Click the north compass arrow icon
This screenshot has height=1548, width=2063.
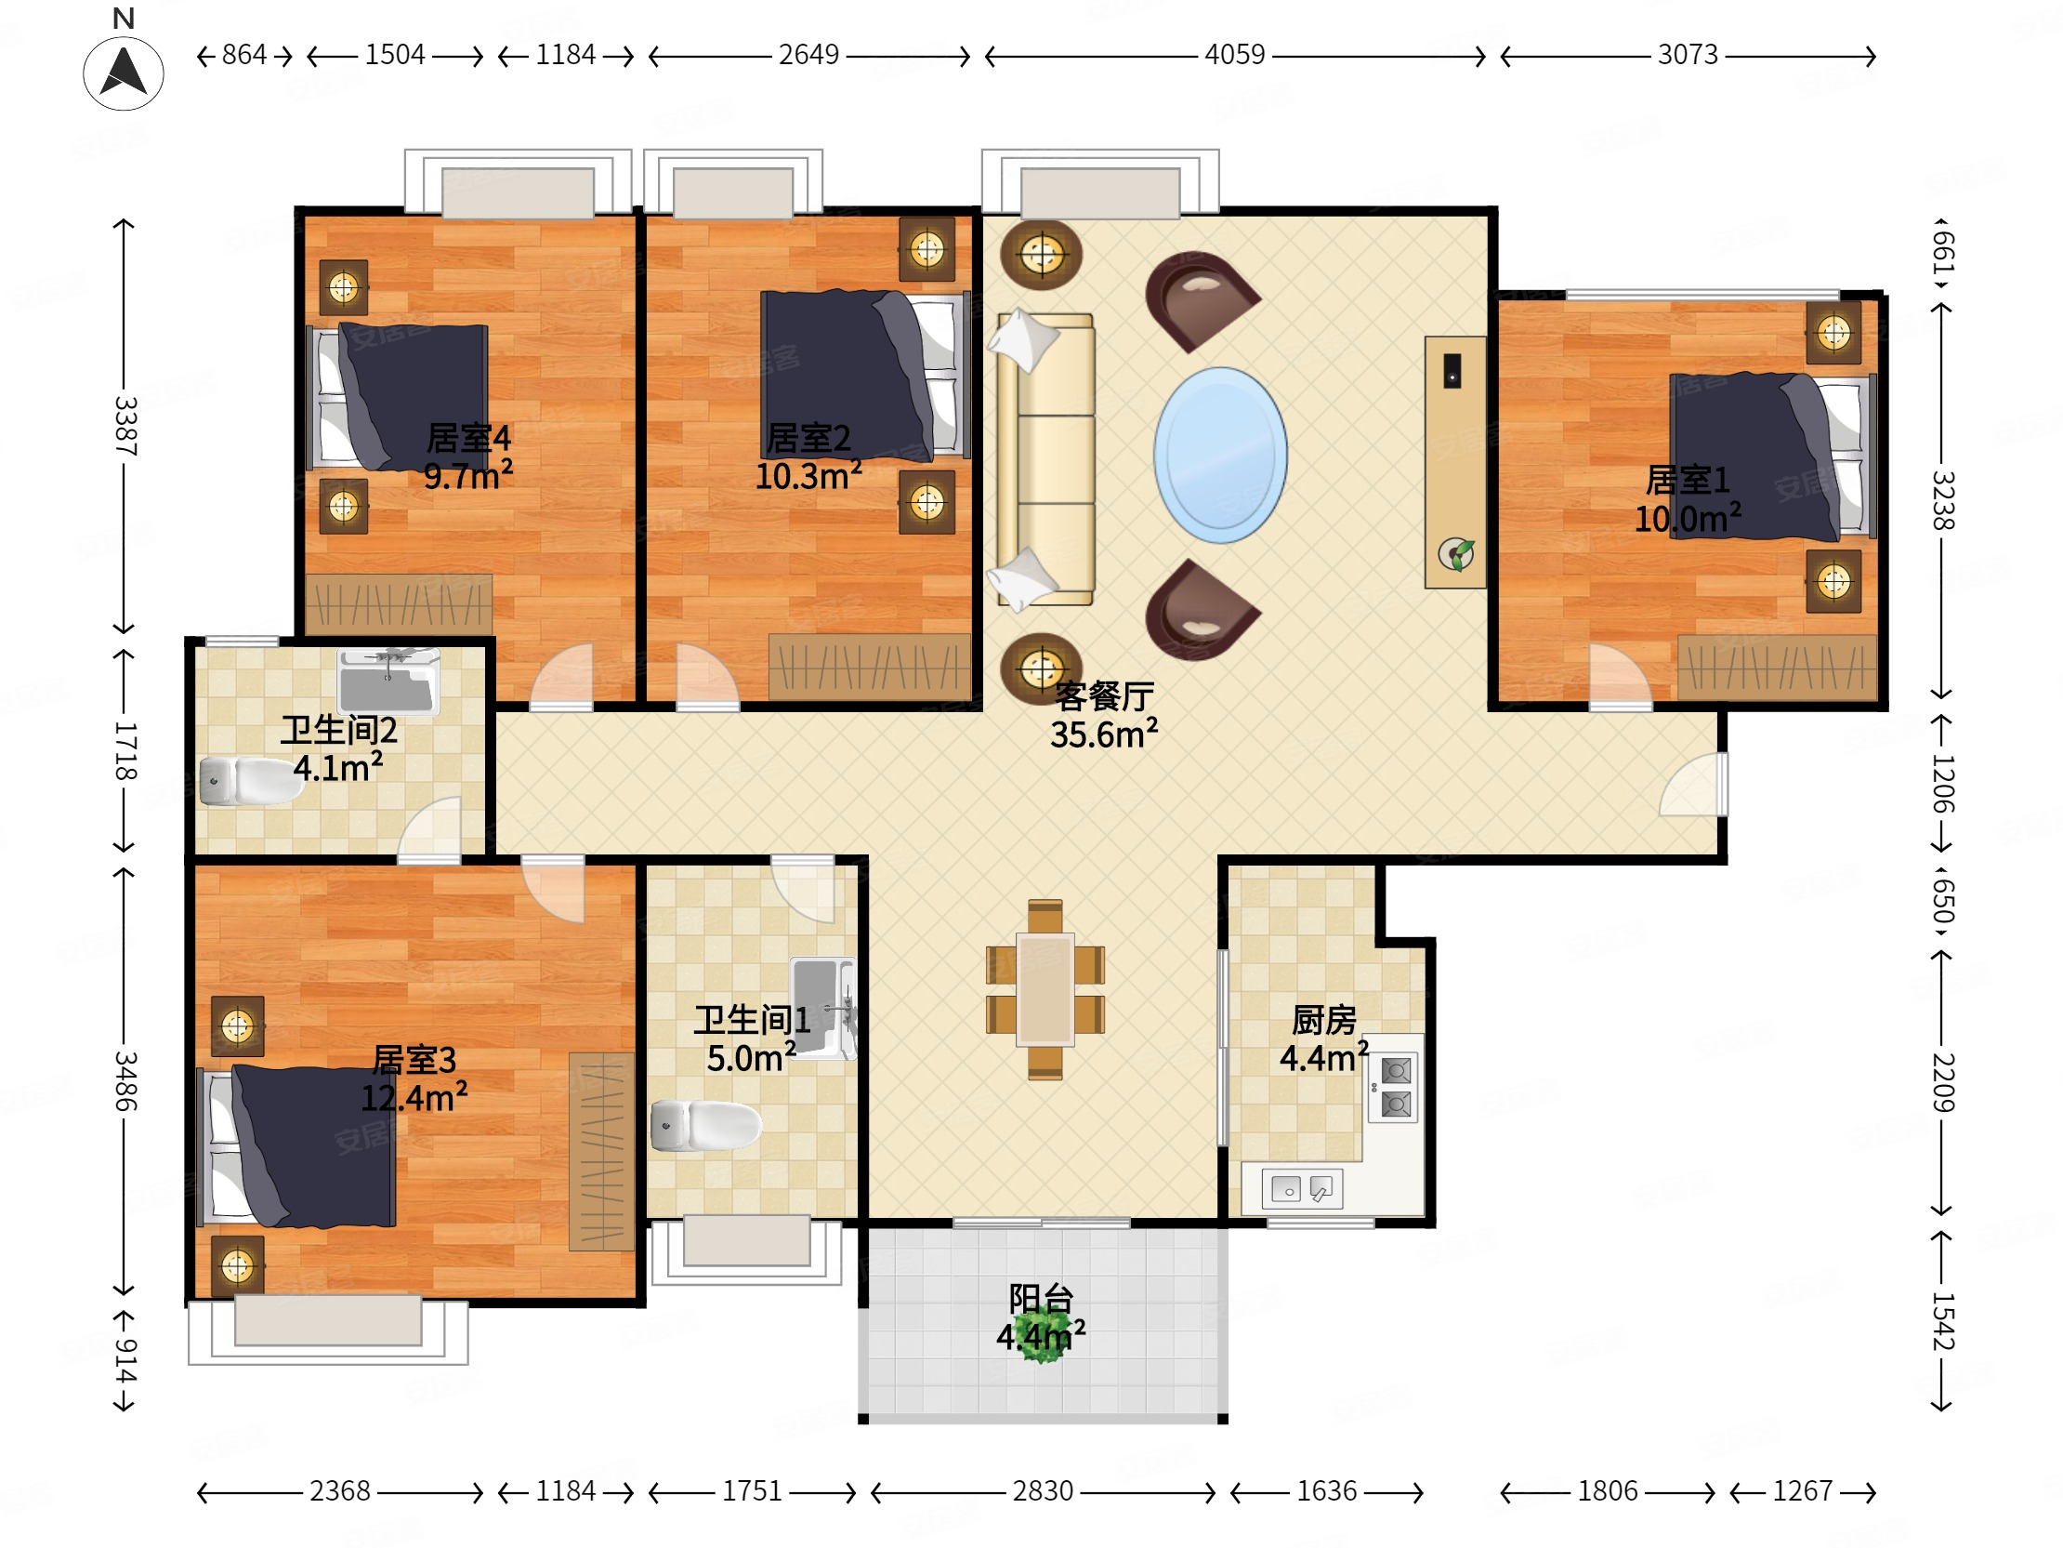pos(123,72)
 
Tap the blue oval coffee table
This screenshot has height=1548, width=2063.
pos(1220,456)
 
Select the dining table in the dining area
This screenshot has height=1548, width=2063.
pos(1045,989)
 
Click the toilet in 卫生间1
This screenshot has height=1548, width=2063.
pos(706,1125)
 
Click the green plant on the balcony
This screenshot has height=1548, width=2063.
pos(1042,1336)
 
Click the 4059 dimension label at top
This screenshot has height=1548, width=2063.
pos(1234,54)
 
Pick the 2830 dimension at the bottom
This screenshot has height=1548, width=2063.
pos(1043,1491)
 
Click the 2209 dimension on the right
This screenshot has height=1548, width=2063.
pos(1942,1082)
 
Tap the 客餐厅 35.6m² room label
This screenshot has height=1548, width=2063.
pos(1104,716)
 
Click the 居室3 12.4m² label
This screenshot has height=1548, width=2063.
pos(414,1078)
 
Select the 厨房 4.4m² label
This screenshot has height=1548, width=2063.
pos(1324,1039)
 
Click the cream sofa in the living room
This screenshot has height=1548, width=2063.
pos(1045,459)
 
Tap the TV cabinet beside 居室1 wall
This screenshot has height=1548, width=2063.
pos(1455,462)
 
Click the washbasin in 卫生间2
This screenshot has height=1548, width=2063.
pos(388,681)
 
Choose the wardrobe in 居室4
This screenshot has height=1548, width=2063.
pos(400,603)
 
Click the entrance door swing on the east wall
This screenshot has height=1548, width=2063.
pos(1693,784)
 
